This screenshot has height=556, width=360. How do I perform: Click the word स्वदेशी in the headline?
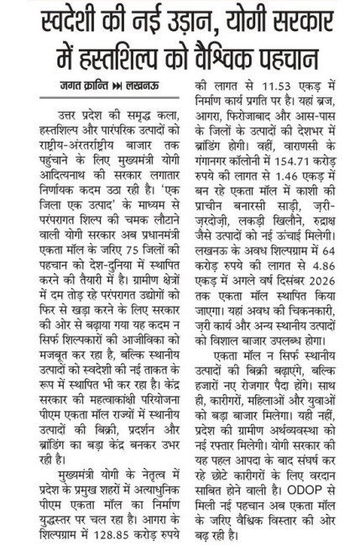pyautogui.click(x=56, y=19)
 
